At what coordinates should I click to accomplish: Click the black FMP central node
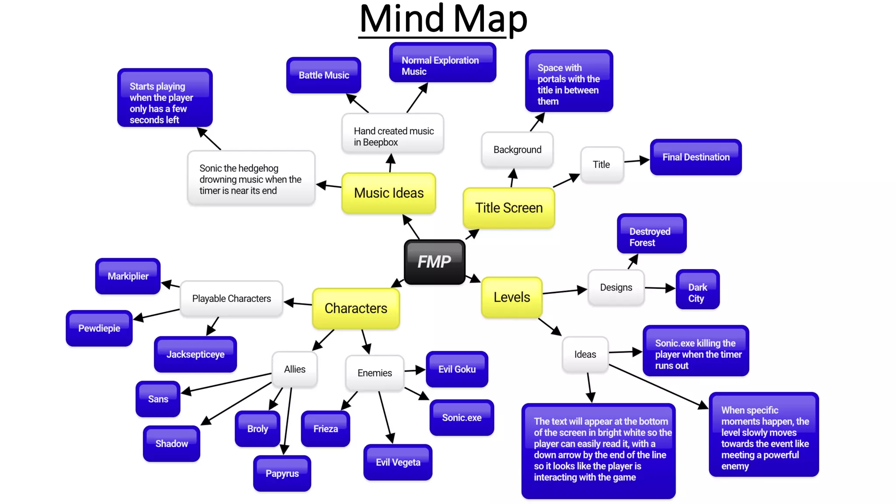point(434,262)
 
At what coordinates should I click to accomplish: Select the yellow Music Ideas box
point(388,193)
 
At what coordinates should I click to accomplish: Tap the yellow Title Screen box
point(509,208)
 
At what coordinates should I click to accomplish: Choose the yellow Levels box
point(511,297)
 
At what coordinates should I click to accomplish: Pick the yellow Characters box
point(356,308)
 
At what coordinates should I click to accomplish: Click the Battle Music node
point(324,75)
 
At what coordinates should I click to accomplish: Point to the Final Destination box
point(696,157)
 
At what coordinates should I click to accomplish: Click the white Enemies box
point(374,373)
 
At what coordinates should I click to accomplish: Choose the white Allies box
point(294,369)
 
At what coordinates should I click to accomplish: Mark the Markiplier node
point(128,276)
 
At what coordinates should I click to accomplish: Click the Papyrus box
point(282,473)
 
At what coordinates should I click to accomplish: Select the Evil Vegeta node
point(398,462)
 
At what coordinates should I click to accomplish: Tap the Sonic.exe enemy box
point(462,417)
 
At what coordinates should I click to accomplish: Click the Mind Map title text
point(443,19)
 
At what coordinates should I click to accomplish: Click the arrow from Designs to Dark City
point(660,288)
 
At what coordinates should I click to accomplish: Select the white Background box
point(517,150)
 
